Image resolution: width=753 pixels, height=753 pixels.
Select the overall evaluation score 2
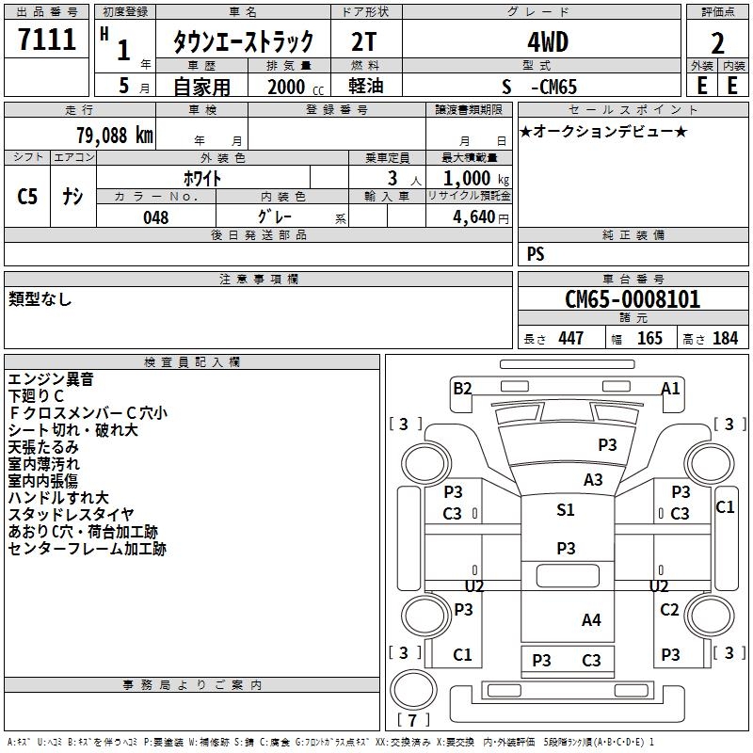(717, 43)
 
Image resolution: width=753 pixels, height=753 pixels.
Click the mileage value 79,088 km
(114, 135)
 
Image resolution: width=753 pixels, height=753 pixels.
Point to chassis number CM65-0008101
(633, 299)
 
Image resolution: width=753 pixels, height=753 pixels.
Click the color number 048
(155, 217)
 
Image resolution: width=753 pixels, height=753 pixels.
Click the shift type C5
(27, 196)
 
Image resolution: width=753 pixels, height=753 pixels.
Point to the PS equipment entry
(536, 254)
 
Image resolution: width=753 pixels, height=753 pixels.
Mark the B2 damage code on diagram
(462, 388)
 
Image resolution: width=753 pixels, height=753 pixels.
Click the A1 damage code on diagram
(670, 388)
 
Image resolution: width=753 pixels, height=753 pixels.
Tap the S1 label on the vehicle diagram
(565, 510)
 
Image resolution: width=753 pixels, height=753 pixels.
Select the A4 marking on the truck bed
(591, 619)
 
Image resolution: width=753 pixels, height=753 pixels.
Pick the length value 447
(569, 338)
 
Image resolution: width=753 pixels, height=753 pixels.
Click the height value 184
(725, 338)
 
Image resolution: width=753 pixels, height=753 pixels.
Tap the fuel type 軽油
(365, 87)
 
